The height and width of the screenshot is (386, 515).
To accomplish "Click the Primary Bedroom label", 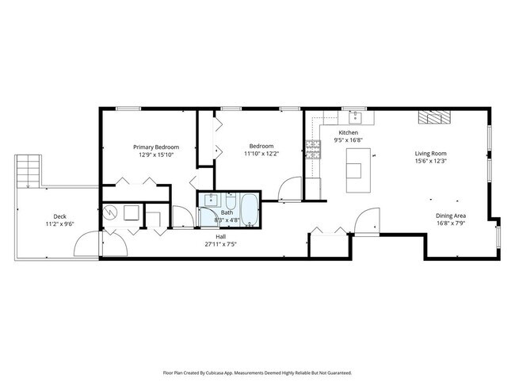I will coord(155,147).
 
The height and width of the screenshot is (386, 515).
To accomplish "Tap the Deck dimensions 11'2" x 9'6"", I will coord(59,225).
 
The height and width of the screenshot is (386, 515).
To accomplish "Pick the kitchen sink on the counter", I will coord(357,117).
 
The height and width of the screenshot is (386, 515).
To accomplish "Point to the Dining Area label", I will coord(450,216).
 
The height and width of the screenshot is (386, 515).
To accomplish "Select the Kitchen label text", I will coord(349,132).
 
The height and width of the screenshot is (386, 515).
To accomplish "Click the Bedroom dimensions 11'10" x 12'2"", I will coord(261,154).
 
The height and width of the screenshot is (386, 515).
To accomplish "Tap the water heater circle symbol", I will coord(111,212).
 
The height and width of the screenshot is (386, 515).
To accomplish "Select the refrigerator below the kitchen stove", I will coord(314,188).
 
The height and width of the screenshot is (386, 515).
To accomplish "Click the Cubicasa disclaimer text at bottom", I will coord(257,372).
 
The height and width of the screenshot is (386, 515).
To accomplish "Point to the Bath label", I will coord(227,212).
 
